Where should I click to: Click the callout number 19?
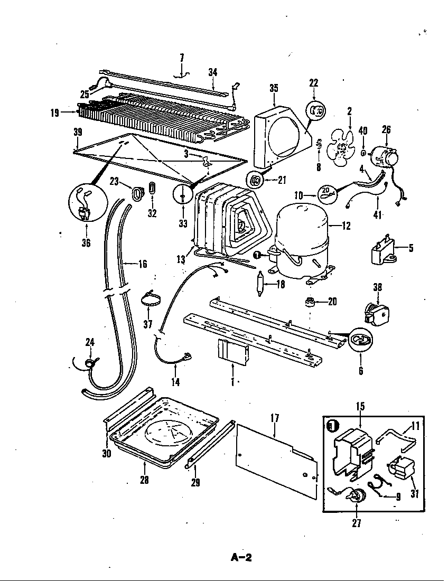pyautogui.click(x=54, y=112)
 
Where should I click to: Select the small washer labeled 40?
pyautogui.click(x=363, y=153)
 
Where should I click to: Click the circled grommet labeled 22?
pyautogui.click(x=316, y=111)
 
